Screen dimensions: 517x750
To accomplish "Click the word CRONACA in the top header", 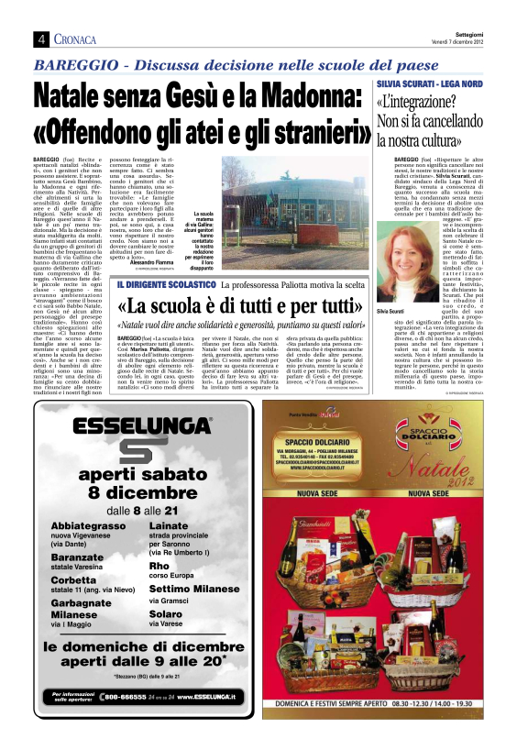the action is pyautogui.click(x=77, y=39).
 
